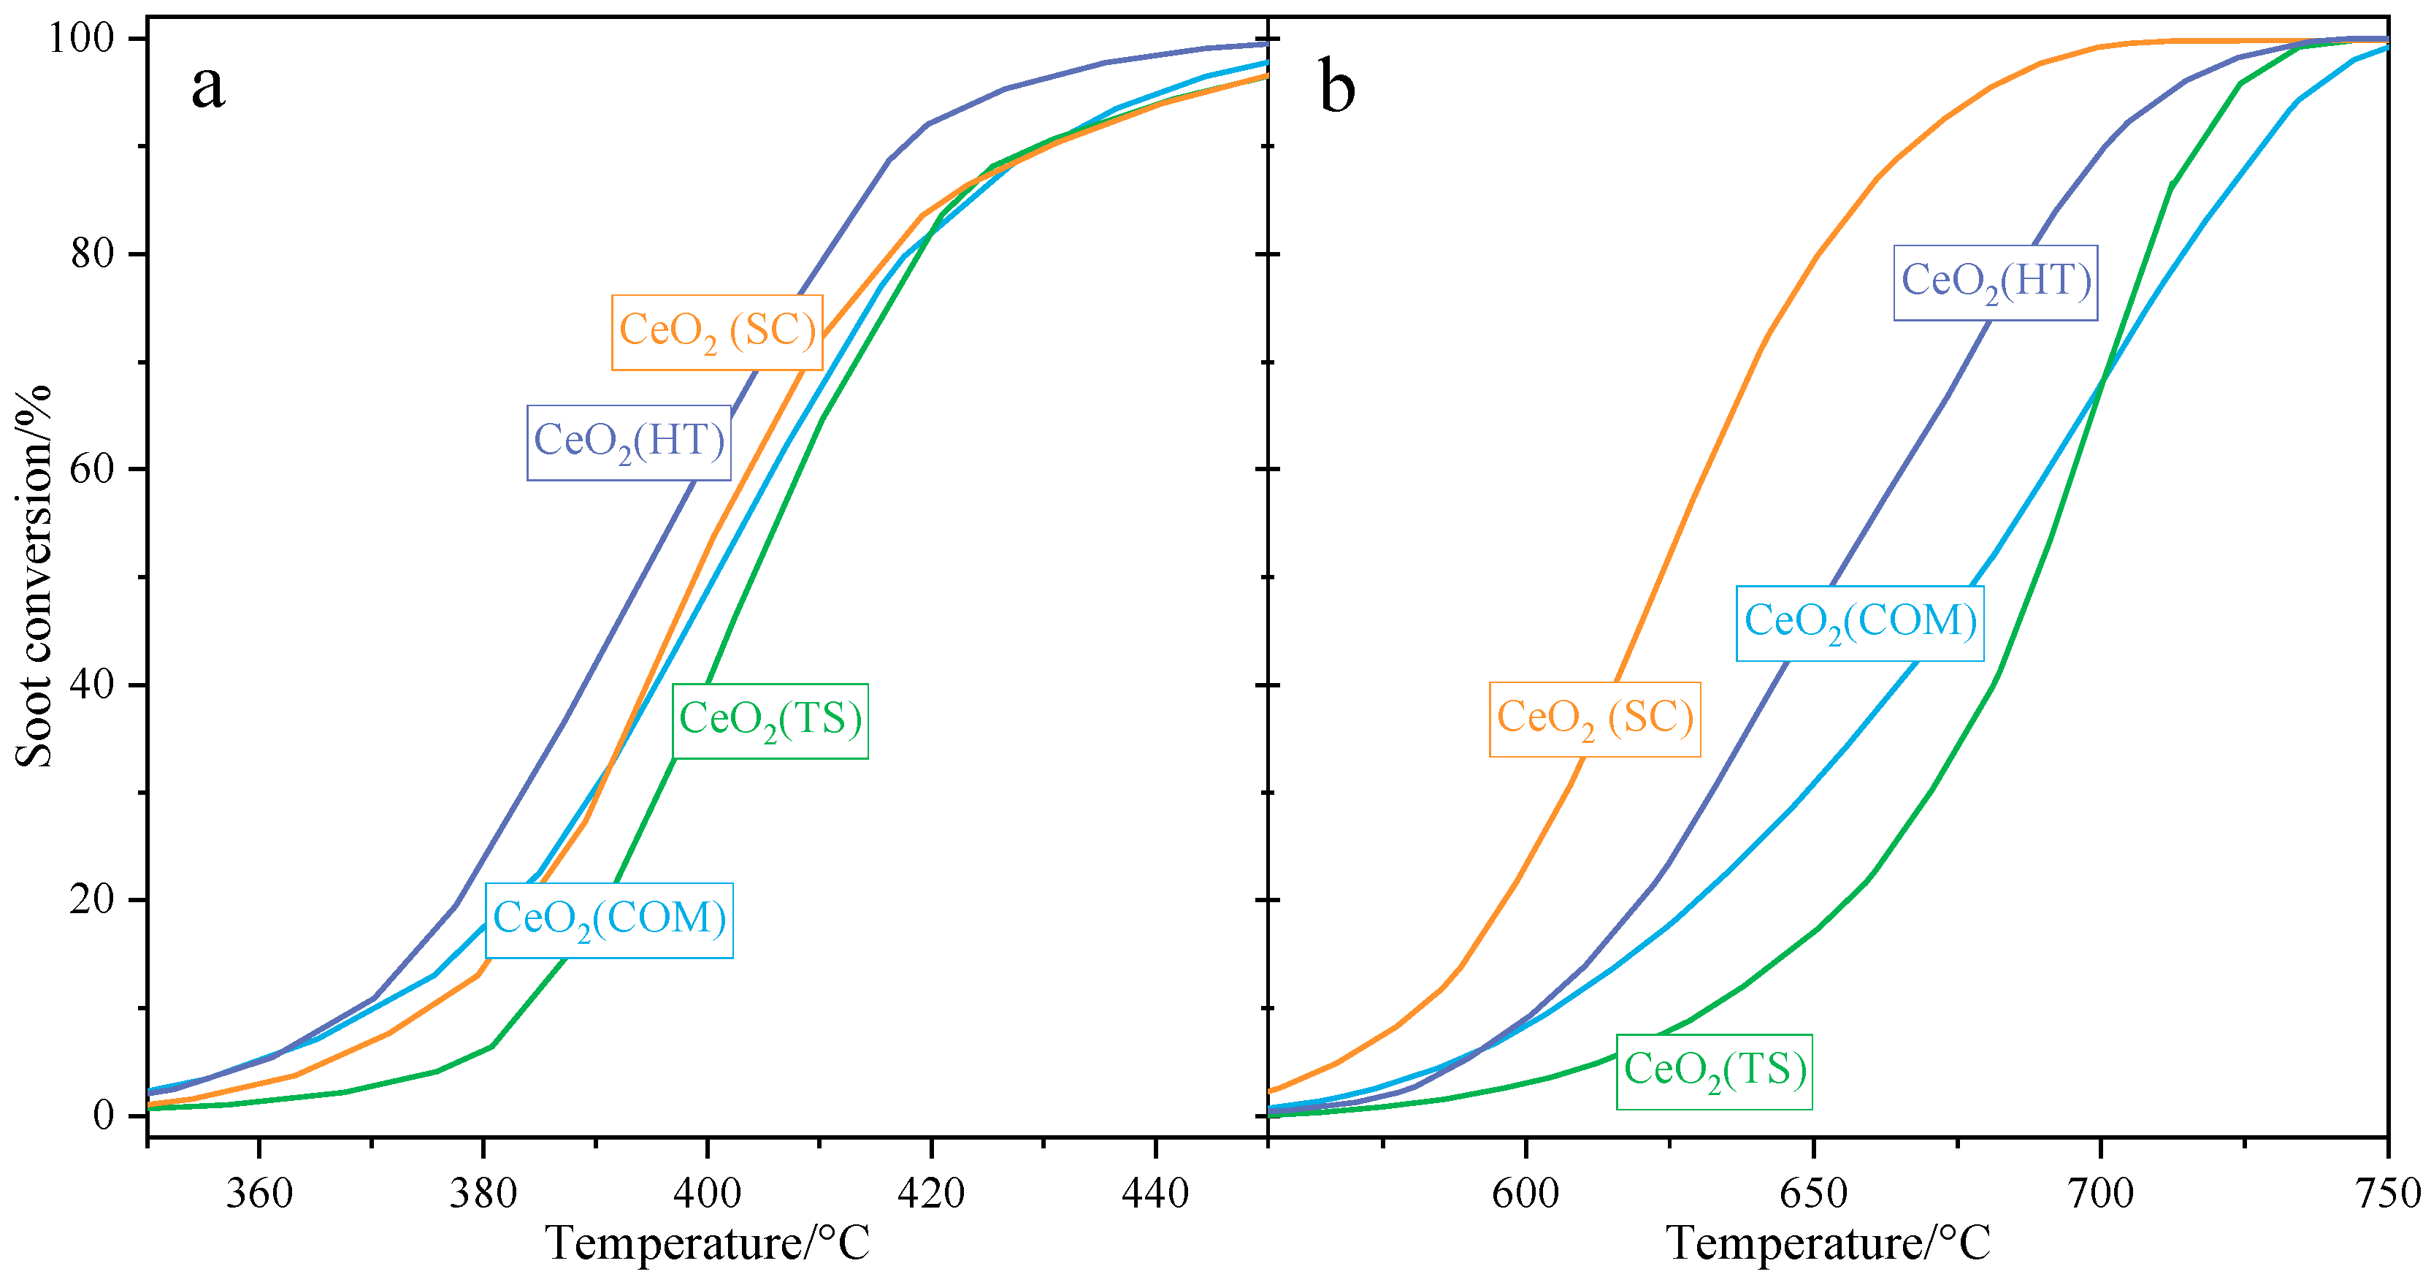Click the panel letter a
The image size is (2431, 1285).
(x=209, y=87)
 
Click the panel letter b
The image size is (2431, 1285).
(x=1336, y=87)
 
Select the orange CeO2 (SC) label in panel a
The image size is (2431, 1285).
(x=716, y=332)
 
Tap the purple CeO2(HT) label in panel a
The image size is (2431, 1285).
(x=629, y=443)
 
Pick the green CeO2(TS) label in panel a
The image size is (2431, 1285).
(x=770, y=721)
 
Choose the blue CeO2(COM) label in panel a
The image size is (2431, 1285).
(x=610, y=920)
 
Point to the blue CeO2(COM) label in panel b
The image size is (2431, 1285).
(x=1859, y=623)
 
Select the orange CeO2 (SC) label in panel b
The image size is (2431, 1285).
(x=1595, y=720)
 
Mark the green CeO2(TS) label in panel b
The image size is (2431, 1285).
(x=1714, y=1072)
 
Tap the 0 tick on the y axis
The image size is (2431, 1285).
(x=104, y=1116)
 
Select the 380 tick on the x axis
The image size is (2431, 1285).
(x=483, y=1194)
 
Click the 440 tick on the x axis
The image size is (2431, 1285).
(x=1155, y=1194)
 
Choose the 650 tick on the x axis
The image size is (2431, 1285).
(x=1813, y=1194)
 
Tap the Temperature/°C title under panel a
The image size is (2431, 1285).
(x=708, y=1244)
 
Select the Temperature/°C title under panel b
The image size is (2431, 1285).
(x=1828, y=1244)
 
